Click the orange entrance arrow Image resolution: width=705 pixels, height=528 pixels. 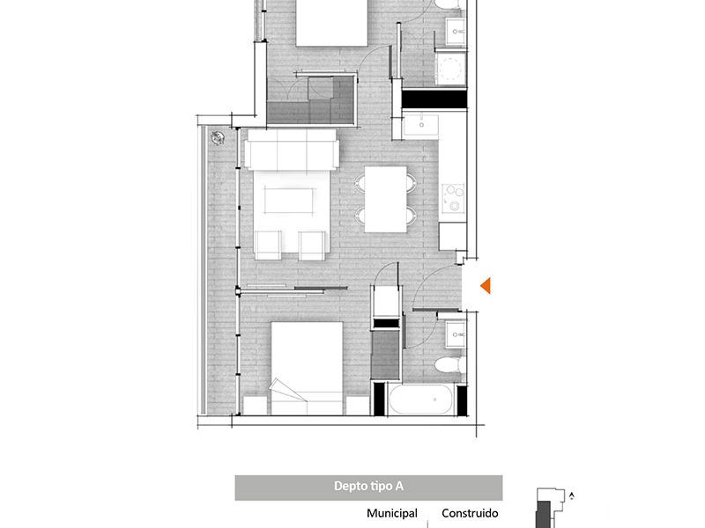tap(486, 285)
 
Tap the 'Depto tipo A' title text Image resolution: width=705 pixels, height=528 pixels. tap(368, 487)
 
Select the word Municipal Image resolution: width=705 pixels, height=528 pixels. tap(392, 513)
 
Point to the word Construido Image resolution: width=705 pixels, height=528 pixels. tap(470, 513)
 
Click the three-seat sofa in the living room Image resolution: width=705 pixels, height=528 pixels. tap(292, 150)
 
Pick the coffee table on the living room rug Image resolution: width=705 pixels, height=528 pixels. tap(290, 201)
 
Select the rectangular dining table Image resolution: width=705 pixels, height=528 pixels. tap(385, 200)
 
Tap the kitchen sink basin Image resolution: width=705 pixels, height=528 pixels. tap(421, 125)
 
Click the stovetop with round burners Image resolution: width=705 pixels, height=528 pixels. tap(453, 197)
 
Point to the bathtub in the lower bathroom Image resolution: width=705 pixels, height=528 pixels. tap(420, 400)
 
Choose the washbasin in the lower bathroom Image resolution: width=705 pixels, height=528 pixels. tap(455, 334)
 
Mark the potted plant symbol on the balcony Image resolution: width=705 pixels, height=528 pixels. tap(218, 138)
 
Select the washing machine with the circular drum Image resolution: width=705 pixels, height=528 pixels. tap(450, 69)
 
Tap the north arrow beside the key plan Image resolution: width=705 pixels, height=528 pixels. tap(571, 495)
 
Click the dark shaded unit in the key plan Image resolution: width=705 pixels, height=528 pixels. tap(544, 515)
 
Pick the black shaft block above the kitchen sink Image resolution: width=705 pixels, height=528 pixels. tap(434, 99)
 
